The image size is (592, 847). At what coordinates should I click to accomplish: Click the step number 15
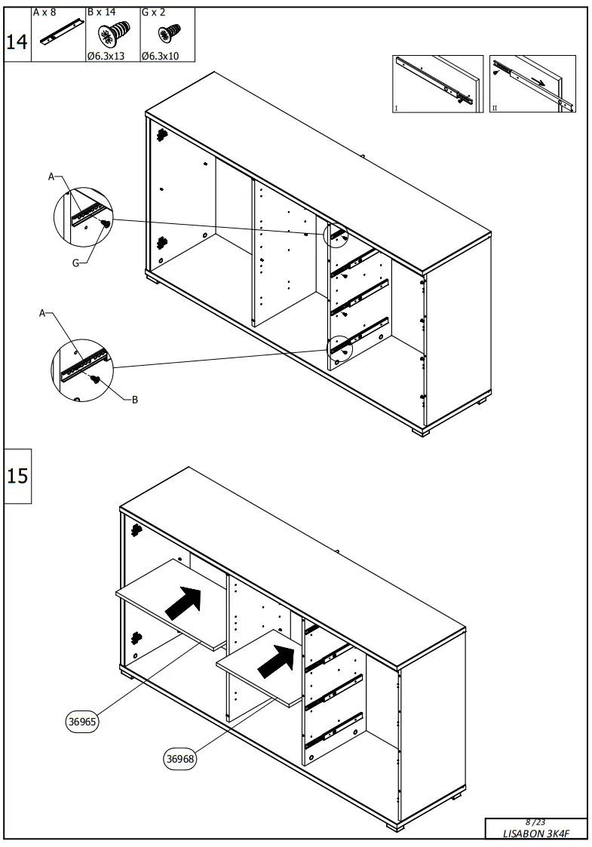tap(17, 476)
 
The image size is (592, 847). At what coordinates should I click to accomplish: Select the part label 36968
tap(180, 760)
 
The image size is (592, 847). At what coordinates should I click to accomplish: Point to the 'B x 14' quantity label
tap(103, 13)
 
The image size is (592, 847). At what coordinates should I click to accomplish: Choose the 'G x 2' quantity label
tap(153, 13)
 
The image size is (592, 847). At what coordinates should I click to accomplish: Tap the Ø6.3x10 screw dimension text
tap(158, 56)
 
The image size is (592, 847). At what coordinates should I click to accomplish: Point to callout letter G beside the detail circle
tap(75, 263)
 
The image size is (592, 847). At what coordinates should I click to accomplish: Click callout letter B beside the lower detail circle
tap(135, 400)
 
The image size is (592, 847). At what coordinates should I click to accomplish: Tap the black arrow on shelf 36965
tap(184, 601)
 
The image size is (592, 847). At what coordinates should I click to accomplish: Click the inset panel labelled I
tap(437, 84)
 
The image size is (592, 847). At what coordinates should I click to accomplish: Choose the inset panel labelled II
tap(533, 84)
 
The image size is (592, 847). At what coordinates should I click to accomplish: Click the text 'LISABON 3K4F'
tap(535, 833)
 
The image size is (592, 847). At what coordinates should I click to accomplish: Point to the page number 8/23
tap(535, 821)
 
